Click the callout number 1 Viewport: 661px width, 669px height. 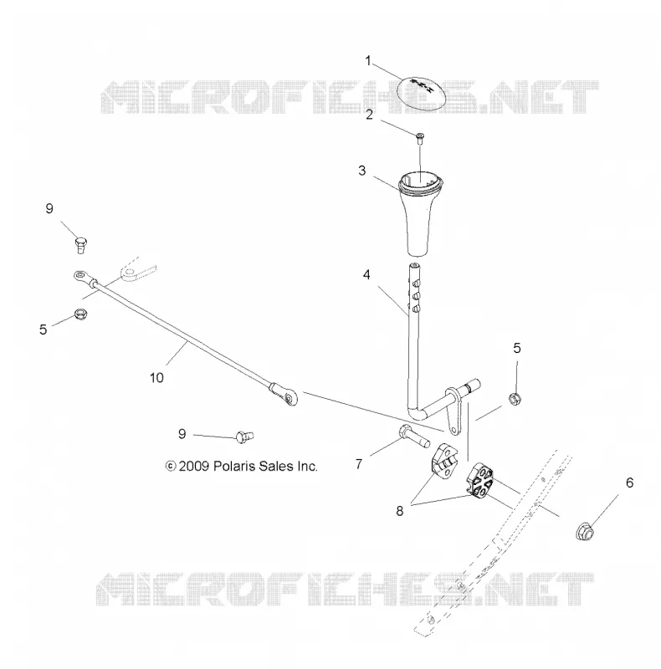pos(367,60)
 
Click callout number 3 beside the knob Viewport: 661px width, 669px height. pos(362,171)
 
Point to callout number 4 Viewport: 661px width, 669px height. pos(366,275)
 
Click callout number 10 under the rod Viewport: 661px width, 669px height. pos(156,378)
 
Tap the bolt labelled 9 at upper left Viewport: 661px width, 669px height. pos(80,245)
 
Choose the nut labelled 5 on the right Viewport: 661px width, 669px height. pos(515,400)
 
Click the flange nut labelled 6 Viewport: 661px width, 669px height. pos(584,532)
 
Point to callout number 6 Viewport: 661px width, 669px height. pos(629,483)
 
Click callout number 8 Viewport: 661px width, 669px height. pos(399,511)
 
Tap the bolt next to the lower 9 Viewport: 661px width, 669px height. pos(244,437)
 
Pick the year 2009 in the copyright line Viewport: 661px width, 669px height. pos(194,466)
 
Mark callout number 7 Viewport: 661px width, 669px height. pos(359,464)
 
